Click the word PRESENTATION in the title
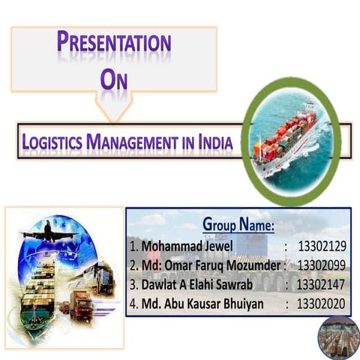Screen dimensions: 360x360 pyautogui.click(x=114, y=42)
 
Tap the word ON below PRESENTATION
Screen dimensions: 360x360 pyautogui.click(x=114, y=78)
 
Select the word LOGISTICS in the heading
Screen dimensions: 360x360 pyautogui.click(x=52, y=140)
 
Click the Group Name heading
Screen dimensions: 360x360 pyautogui.click(x=238, y=224)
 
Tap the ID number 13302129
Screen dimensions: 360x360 pyautogui.click(x=321, y=246)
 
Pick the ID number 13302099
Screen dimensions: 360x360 pyautogui.click(x=321, y=265)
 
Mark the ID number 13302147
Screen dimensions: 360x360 pyautogui.click(x=320, y=285)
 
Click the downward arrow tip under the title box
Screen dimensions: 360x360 pyautogui.click(x=114, y=119)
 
